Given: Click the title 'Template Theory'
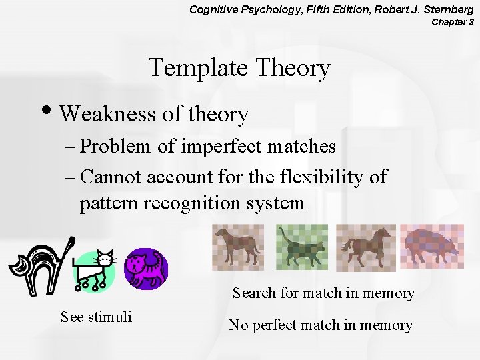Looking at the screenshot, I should point(239,69).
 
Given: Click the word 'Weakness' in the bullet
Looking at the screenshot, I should point(107,114).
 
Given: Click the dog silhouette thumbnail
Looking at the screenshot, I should point(238,246).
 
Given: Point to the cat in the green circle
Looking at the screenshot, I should point(95,270).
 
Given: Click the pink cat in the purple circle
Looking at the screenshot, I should point(146,268).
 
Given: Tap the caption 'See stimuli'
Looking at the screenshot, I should point(96,317).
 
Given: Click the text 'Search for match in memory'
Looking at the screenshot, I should point(323,293).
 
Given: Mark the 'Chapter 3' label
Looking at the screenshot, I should point(453,22).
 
